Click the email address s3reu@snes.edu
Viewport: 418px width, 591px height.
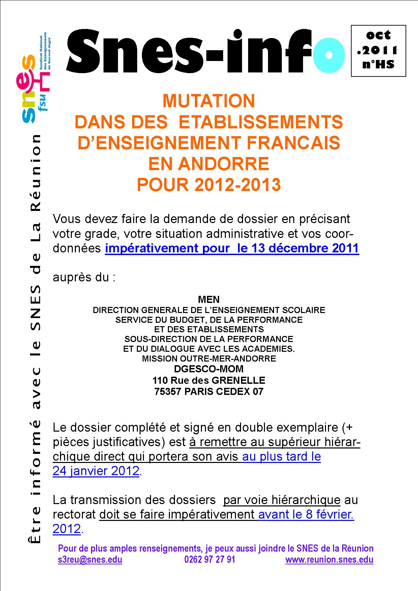coord(90,560)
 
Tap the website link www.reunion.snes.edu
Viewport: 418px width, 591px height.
coord(329,560)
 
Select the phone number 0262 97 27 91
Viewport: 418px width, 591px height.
coord(210,560)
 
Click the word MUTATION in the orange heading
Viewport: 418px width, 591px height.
coord(209,101)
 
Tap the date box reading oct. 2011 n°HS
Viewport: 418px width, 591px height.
coord(378,51)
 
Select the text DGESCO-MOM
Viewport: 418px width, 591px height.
coord(209,369)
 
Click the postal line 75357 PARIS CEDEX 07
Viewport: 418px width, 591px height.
coord(209,392)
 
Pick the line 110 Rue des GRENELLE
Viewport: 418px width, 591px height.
coord(209,380)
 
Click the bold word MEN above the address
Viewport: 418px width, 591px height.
coord(209,299)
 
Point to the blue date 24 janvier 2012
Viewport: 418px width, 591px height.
coord(96,471)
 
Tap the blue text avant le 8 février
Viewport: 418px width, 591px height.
coord(306,515)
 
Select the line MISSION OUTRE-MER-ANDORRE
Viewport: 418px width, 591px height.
coord(209,359)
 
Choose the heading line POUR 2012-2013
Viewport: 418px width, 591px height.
coord(209,185)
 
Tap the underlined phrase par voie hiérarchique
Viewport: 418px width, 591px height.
coord(282,500)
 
